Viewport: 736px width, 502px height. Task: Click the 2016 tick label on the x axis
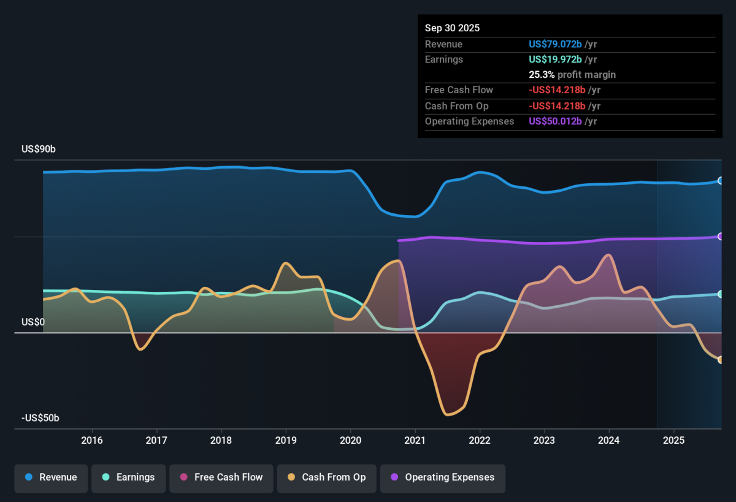click(92, 440)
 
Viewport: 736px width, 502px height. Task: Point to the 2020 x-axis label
click(350, 440)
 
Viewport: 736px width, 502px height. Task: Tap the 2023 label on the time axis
click(544, 440)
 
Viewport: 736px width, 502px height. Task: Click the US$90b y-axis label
click(39, 149)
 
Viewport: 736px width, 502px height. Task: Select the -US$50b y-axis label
click(40, 418)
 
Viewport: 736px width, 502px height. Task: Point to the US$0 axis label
click(33, 322)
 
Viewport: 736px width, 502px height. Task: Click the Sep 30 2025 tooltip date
click(452, 28)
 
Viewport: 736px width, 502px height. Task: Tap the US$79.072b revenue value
click(555, 44)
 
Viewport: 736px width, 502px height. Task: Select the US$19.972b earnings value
click(555, 59)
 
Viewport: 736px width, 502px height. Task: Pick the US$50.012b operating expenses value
click(555, 121)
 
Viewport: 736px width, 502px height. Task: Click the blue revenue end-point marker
click(720, 181)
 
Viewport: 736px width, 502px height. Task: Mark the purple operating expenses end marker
click(720, 237)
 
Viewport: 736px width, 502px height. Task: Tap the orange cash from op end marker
click(720, 360)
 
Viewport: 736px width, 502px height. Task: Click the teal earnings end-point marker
click(720, 294)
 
